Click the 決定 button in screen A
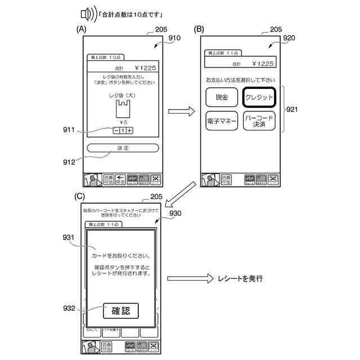pos(123,148)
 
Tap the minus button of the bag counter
pos(116,130)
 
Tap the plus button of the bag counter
pos(130,130)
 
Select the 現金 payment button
pos(222,97)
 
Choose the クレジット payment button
pos(259,97)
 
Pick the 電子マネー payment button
pos(222,121)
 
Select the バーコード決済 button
pos(259,121)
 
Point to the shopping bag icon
pos(123,106)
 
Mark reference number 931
pos(69,238)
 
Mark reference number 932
pos(69,308)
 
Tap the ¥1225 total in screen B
pos(263,64)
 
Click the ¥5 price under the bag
pos(123,121)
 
